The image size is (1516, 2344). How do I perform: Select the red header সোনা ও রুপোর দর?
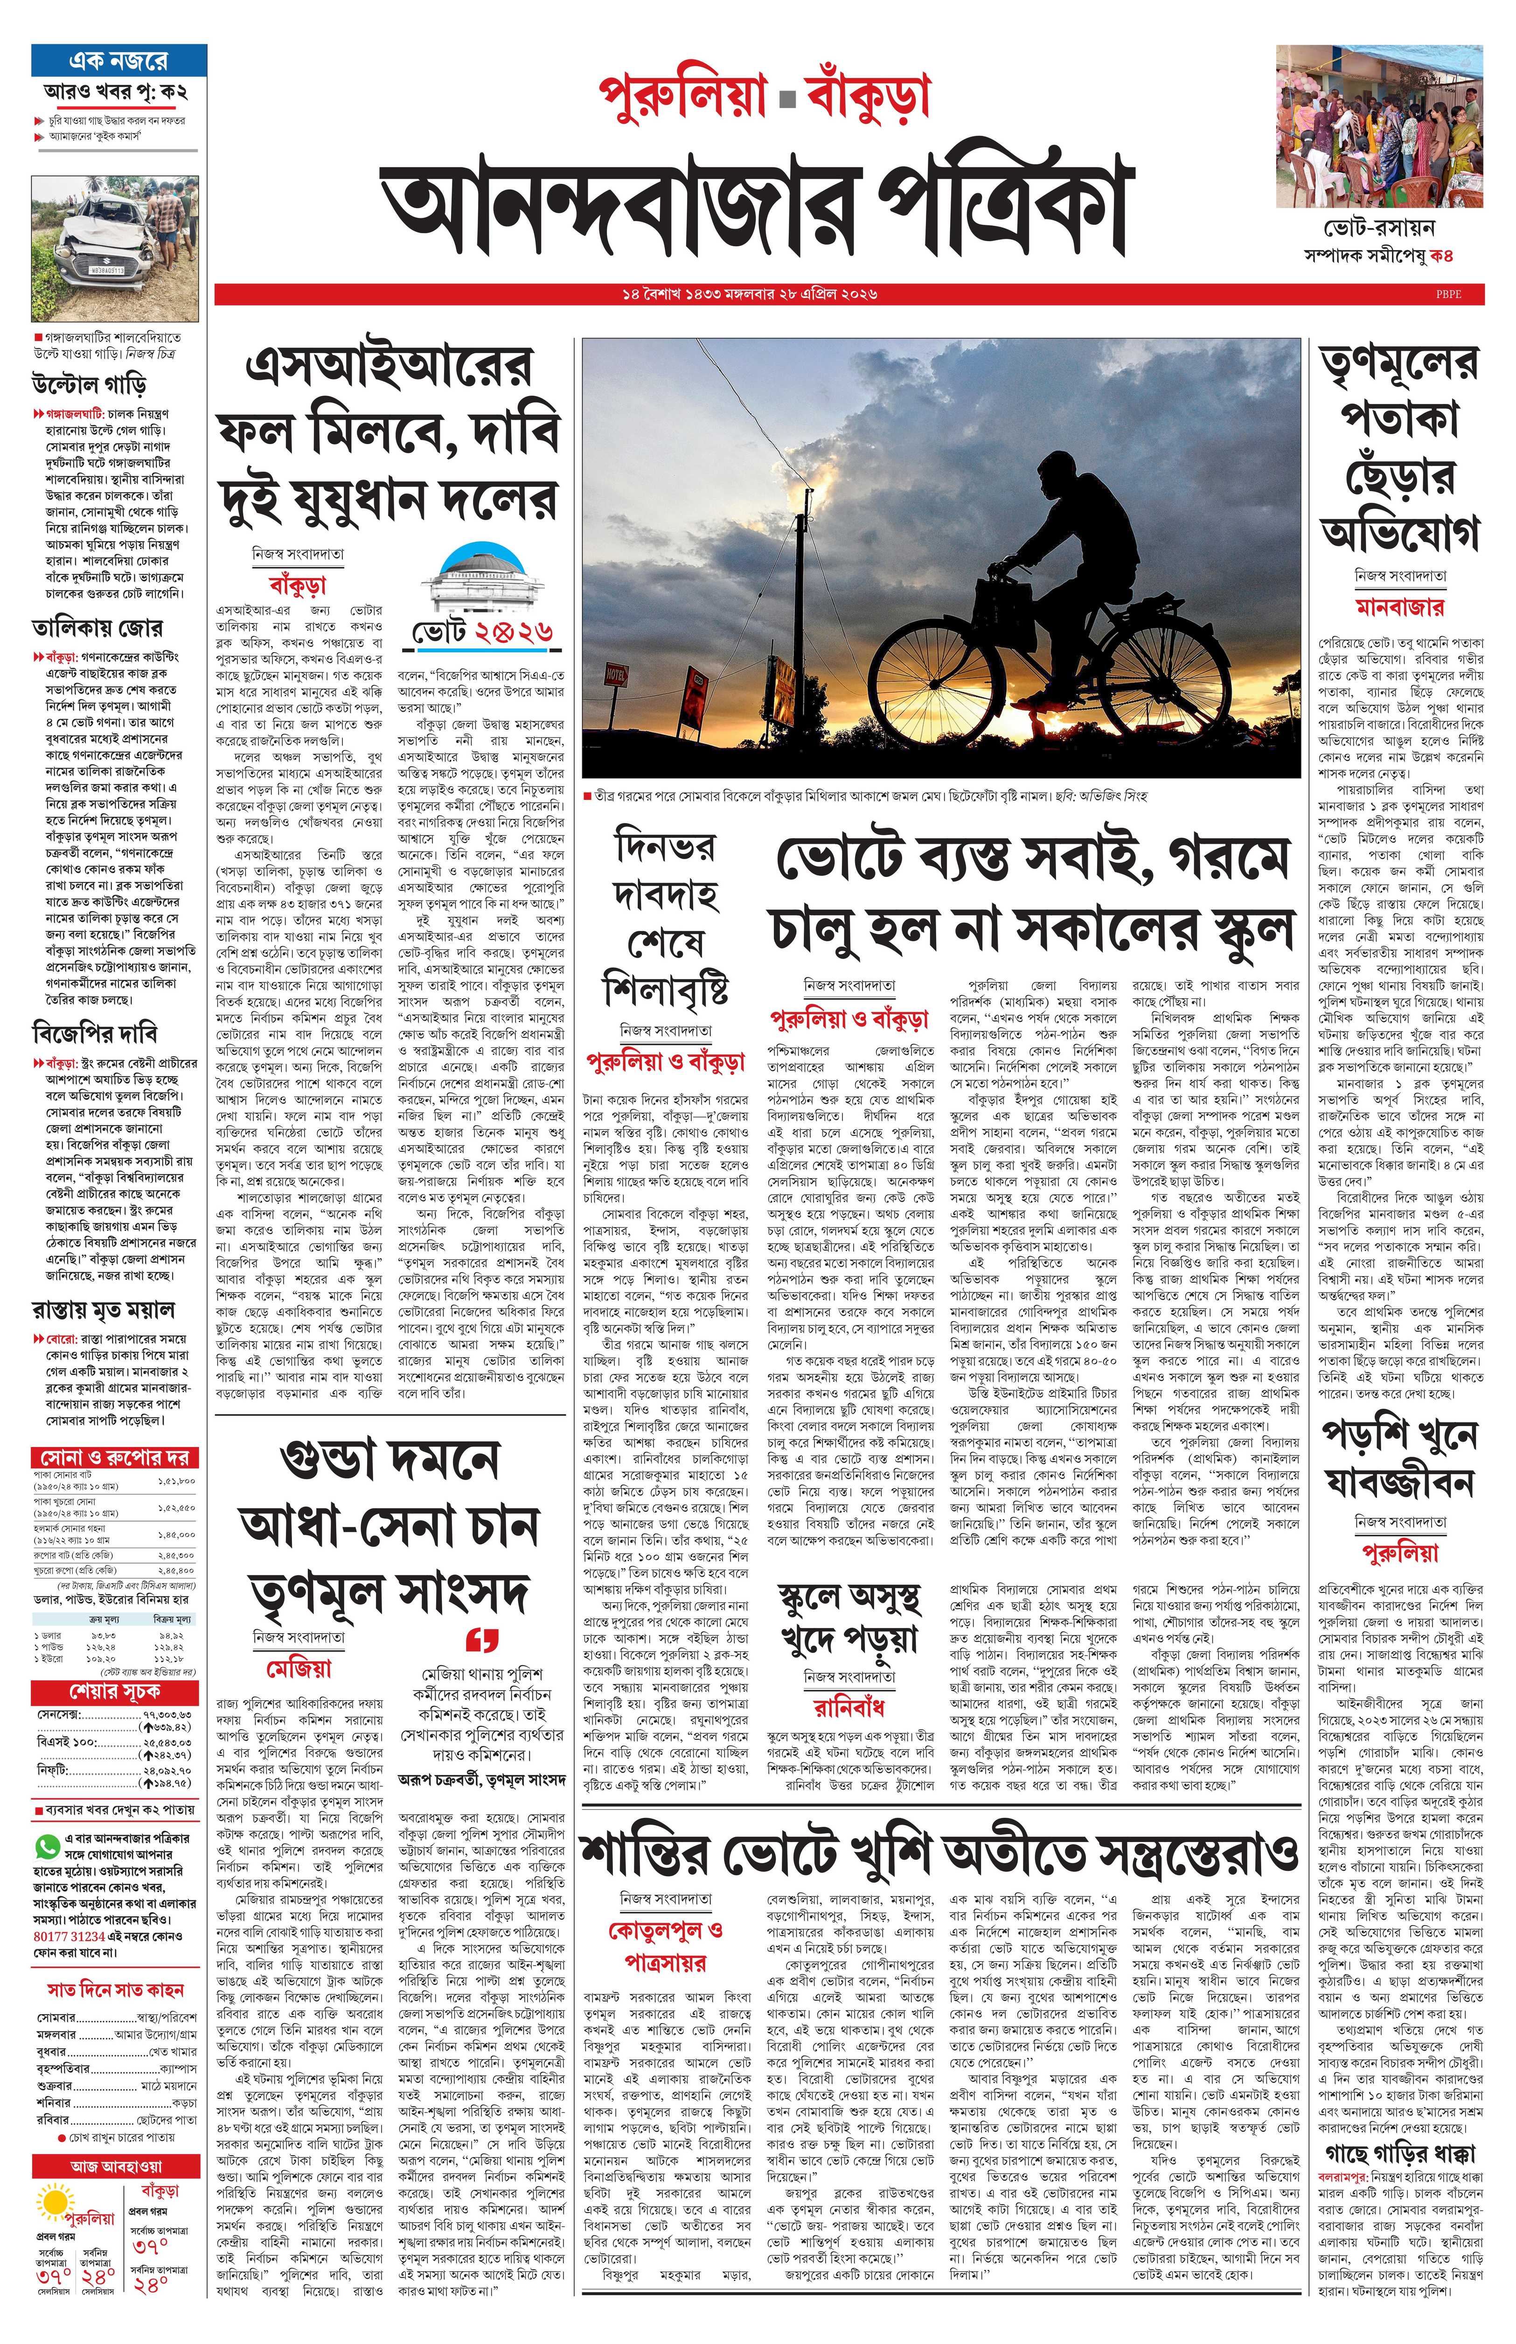[x=115, y=1457]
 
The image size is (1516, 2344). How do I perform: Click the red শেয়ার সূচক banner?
[x=115, y=1691]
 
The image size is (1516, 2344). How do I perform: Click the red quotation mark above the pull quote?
[x=482, y=1639]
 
